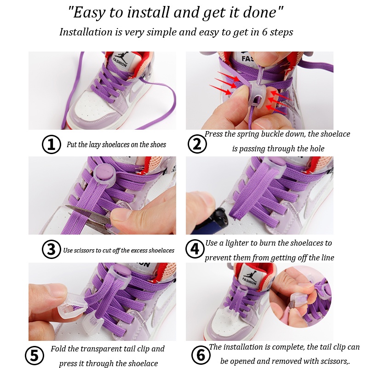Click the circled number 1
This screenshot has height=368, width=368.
tap(52, 144)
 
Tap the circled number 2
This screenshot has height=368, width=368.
tap(197, 144)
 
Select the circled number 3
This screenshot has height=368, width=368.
tap(52, 249)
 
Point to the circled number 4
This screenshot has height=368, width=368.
tap(195, 249)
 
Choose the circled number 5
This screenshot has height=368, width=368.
tap(34, 355)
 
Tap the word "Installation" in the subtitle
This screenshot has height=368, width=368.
tap(86, 32)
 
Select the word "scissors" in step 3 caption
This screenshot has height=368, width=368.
tap(84, 250)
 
